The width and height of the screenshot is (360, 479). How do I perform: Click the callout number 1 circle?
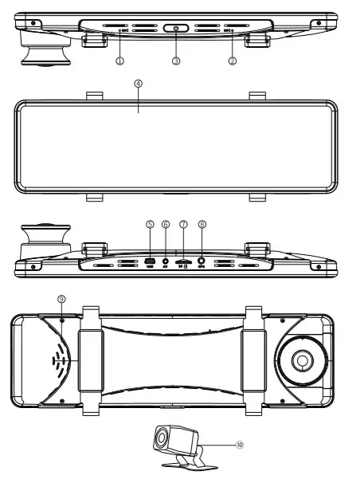119,60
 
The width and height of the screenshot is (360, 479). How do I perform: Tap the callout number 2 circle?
233,60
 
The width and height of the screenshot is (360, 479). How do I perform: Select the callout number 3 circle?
176,60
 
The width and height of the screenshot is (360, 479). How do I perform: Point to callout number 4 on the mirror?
138,83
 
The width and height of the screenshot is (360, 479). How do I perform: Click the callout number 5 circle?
149,225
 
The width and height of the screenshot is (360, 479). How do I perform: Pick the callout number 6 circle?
166,225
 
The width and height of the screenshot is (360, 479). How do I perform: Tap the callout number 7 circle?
183,225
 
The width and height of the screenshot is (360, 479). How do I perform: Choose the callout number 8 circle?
202,225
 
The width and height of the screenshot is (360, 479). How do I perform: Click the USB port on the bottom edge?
149,259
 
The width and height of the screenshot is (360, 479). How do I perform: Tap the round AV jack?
166,259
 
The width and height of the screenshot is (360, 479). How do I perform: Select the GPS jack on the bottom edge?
202,259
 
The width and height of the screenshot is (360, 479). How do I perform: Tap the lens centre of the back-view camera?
302,359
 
